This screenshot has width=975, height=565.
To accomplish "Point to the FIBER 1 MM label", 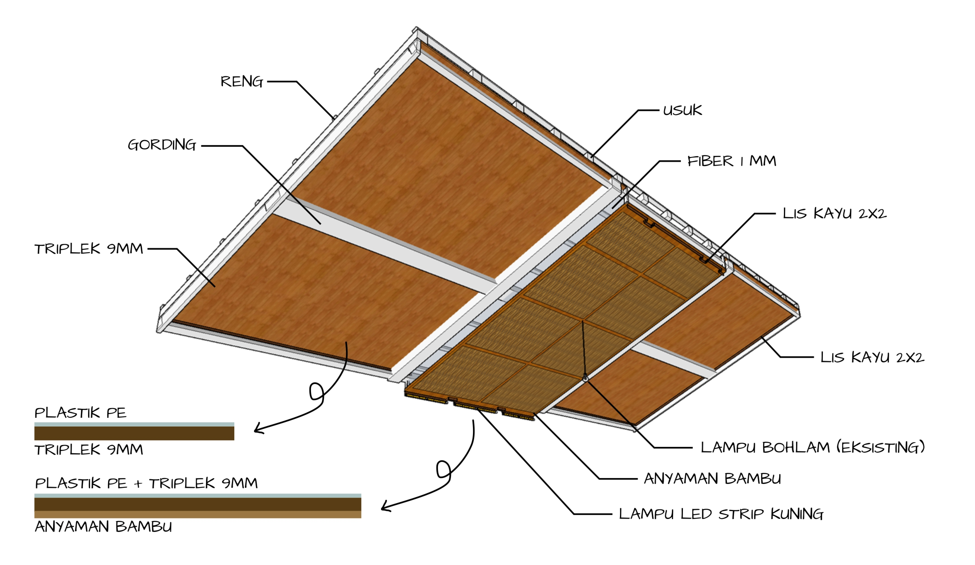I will click(731, 161).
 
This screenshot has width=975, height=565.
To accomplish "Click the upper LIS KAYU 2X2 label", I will click(834, 213).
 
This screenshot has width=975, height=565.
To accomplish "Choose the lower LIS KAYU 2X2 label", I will click(872, 357).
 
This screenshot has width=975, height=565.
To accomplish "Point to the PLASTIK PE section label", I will click(80, 413).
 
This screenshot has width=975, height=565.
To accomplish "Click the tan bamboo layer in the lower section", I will click(197, 514).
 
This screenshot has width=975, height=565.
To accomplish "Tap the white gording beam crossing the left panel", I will click(383, 248).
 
